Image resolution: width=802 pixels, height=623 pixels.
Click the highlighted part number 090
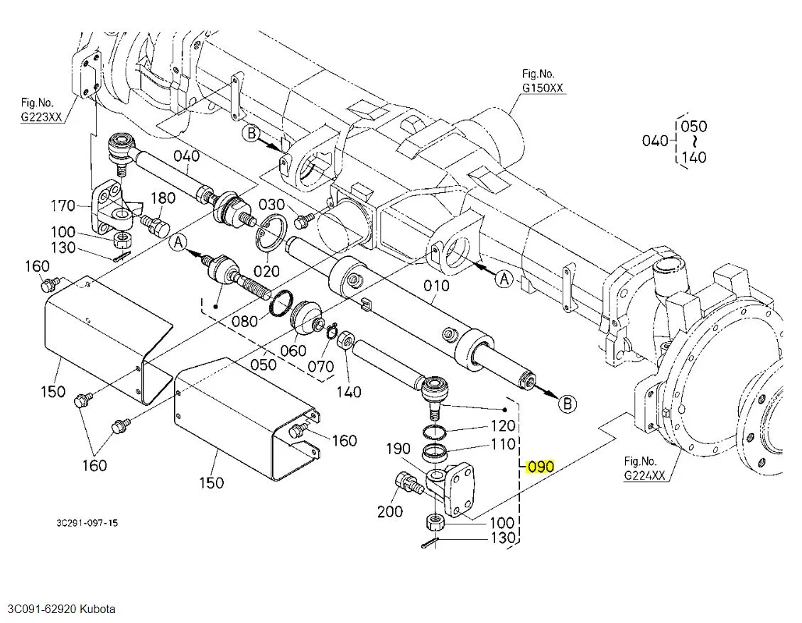point(541,467)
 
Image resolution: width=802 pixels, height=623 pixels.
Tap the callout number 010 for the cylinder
point(436,286)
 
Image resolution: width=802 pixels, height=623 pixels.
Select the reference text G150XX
point(542,88)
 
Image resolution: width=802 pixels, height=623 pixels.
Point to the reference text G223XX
point(41,116)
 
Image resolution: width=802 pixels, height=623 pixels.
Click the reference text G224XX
point(644,475)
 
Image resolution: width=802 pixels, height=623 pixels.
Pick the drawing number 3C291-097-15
point(87,523)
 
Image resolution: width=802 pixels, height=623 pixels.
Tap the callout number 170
point(63,206)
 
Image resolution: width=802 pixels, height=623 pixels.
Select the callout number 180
point(163,198)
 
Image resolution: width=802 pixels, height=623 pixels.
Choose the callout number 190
point(398,448)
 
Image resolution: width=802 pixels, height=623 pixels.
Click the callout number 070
point(320,366)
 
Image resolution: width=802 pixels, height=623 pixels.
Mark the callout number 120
point(504,425)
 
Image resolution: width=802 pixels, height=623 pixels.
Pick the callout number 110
point(504,443)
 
